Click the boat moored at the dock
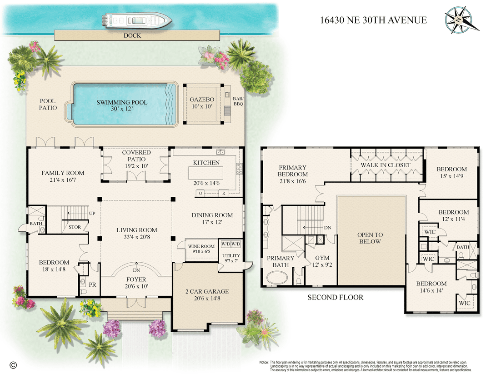pyautogui.click(x=136, y=20)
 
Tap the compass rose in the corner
pyautogui.click(x=461, y=20)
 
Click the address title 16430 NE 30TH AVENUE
pyautogui.click(x=373, y=20)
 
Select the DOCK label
pyautogui.click(x=132, y=36)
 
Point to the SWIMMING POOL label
pyautogui.click(x=122, y=102)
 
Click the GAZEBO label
pyautogui.click(x=202, y=100)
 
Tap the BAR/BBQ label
pyautogui.click(x=238, y=101)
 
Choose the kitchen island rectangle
pyautogui.click(x=206, y=173)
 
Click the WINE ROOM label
pyautogui.click(x=201, y=246)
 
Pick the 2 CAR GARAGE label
pyautogui.click(x=207, y=291)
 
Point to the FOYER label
pyautogui.click(x=136, y=279)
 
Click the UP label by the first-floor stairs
pyautogui.click(x=92, y=214)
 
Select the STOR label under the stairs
pyautogui.click(x=75, y=227)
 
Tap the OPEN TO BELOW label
pyautogui.click(x=370, y=238)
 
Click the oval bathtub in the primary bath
pyautogui.click(x=277, y=277)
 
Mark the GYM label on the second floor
pyautogui.click(x=322, y=258)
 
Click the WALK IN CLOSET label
pyautogui.click(x=386, y=165)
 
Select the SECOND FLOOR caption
pyautogui.click(x=336, y=297)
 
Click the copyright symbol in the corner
pyautogui.click(x=13, y=365)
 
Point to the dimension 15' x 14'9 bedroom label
pyautogui.click(x=451, y=176)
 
